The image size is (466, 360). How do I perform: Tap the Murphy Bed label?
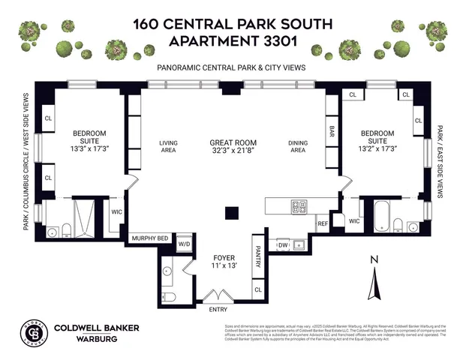[150, 238]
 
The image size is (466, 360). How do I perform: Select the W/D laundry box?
[184, 244]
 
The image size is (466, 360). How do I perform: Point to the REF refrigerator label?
[323, 223]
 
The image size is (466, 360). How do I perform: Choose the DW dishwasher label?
[283, 244]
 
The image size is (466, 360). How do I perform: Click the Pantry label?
[257, 259]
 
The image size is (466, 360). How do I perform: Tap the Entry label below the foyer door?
[218, 309]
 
